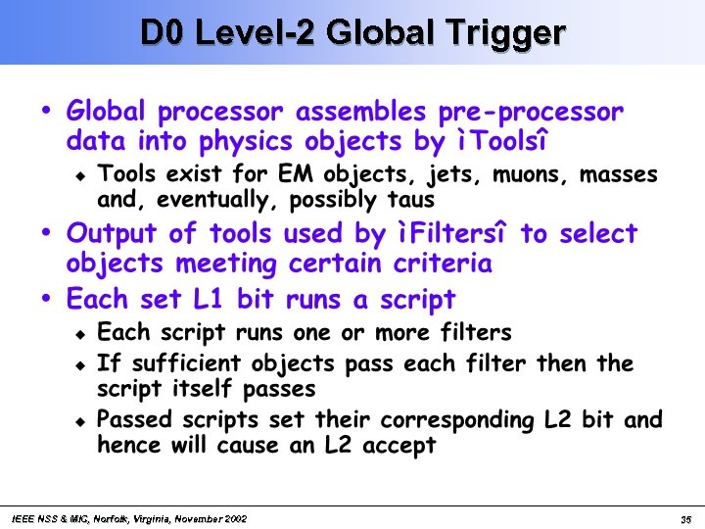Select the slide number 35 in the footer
click(x=685, y=518)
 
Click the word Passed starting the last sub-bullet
click(x=136, y=420)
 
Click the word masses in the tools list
click(x=618, y=175)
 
